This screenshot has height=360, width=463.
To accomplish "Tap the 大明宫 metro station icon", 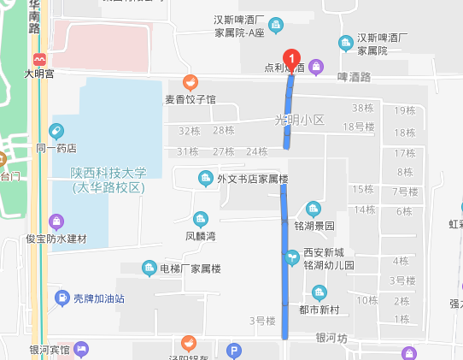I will coord(38,59).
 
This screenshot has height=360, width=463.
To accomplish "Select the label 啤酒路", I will coord(354,76).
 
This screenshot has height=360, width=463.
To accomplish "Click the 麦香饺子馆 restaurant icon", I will coord(190,83).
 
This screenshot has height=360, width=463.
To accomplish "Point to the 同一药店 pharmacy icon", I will coord(56,132).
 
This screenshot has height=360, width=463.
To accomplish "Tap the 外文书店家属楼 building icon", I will coord(205,179).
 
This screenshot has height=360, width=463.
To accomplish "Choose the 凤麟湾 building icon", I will coord(201,218).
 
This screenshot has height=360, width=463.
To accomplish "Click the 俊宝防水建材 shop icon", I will coord(56,222).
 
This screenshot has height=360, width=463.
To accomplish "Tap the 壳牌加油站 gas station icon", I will coord(62,298).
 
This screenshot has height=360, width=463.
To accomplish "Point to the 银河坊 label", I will coord(331,338).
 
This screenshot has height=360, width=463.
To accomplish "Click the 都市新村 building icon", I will coord(319,293).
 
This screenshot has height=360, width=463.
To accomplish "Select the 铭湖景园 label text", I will coord(314,226).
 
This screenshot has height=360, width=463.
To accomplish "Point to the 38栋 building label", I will coord(363,108).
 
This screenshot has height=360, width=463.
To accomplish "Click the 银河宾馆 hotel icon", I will coord(81,349).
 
